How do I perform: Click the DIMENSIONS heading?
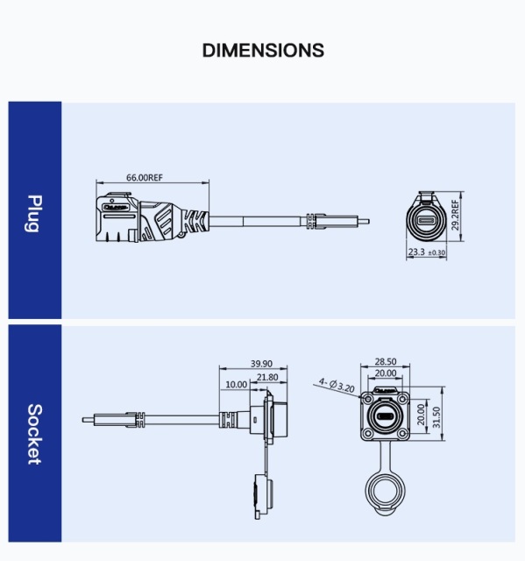click(263, 50)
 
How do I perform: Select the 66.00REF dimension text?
click(145, 178)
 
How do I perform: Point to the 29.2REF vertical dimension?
click(455, 216)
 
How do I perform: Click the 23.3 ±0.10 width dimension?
click(426, 252)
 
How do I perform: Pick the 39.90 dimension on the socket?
click(261, 364)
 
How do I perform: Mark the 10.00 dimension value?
click(236, 385)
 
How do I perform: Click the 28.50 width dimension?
click(386, 361)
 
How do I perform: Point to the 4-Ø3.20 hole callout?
click(337, 384)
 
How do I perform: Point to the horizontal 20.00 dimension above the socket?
click(386, 373)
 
